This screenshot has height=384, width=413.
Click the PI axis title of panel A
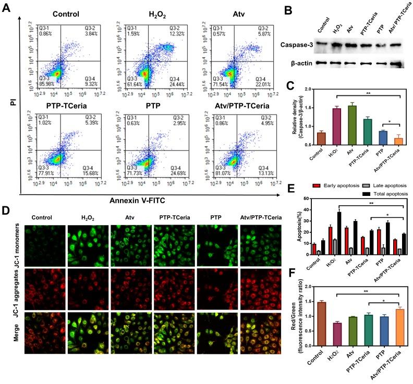(x=10, y=105)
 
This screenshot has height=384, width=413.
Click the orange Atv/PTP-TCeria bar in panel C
(x=398, y=145)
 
